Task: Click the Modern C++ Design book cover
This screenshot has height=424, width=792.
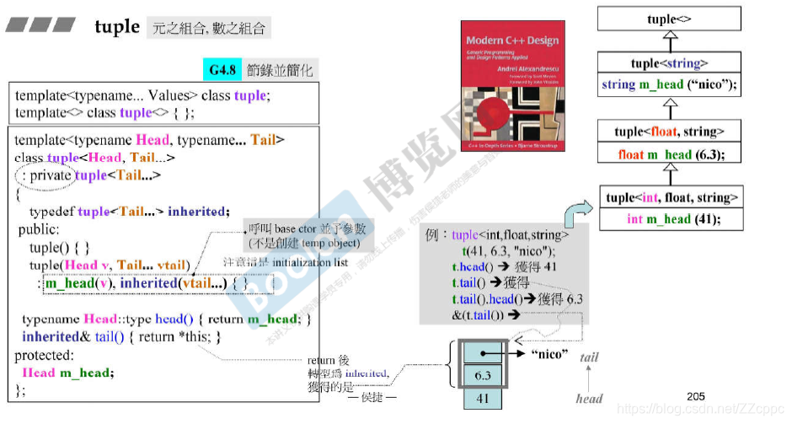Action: pos(513,85)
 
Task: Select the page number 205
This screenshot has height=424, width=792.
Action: pos(695,396)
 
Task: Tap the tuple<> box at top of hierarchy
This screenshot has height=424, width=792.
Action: pos(669,19)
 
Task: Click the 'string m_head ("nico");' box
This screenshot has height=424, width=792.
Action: pos(669,85)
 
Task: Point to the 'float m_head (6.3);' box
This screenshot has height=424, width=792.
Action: pos(669,154)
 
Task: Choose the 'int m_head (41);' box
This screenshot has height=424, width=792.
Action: pos(671,219)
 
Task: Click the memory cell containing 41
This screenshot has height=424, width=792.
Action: pos(482,398)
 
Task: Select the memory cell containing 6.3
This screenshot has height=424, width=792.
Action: pos(482,374)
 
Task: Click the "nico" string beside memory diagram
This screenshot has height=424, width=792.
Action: pos(549,353)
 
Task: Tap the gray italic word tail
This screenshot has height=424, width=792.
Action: pos(589,357)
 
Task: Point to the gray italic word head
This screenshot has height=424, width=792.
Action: pos(590,398)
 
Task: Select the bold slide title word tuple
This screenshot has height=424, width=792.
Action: pos(117,27)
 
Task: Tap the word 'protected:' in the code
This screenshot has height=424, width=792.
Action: pos(45,355)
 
